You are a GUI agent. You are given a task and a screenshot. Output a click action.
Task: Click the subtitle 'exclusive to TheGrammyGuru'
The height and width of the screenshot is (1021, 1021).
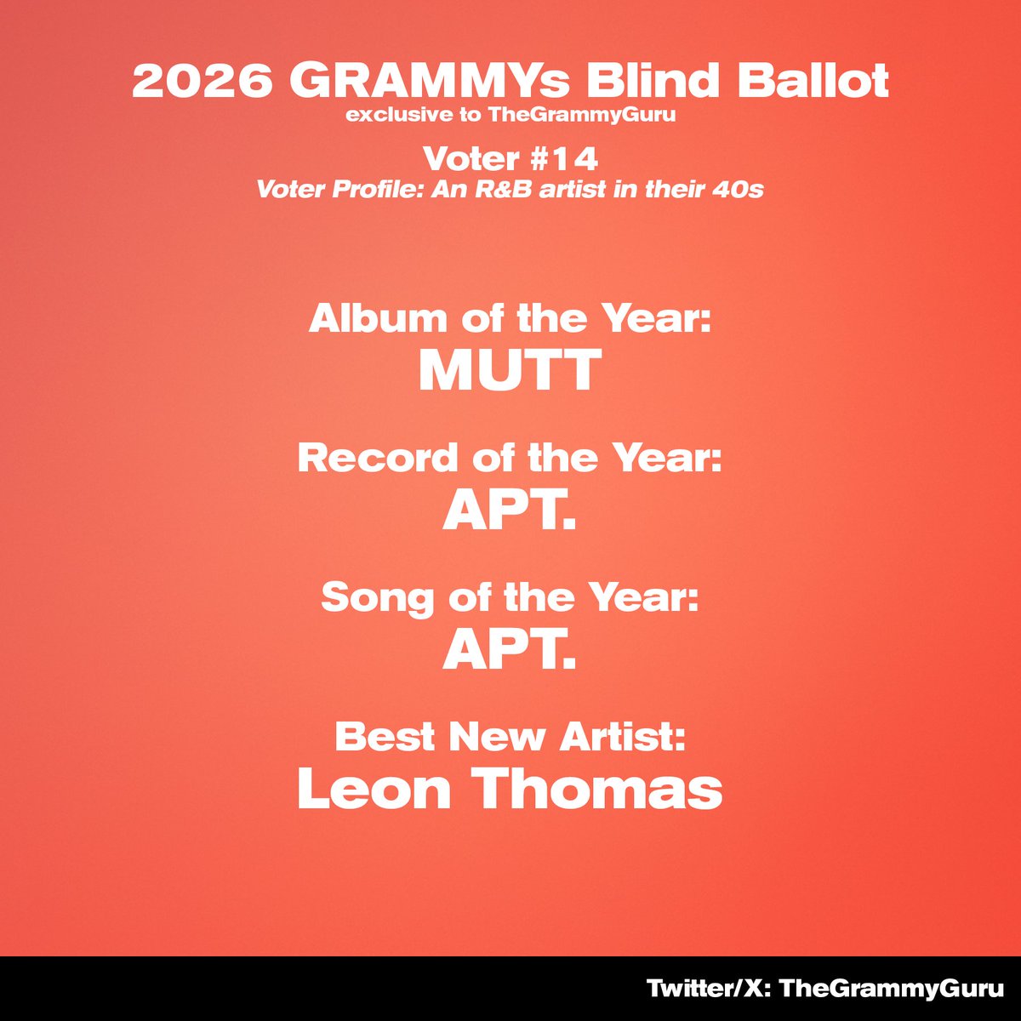(510, 115)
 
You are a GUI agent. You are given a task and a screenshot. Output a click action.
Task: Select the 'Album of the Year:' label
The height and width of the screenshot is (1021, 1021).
(510, 319)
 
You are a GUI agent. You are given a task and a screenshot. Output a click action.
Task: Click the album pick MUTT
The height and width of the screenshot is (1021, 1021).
(510, 371)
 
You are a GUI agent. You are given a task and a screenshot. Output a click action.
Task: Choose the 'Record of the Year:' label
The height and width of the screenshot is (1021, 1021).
(510, 459)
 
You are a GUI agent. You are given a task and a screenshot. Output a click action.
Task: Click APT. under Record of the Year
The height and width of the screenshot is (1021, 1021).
(510, 510)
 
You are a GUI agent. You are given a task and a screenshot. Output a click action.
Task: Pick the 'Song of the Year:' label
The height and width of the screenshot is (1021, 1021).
(510, 598)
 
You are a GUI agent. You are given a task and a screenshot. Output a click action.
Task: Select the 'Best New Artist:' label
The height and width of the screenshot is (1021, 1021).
(510, 737)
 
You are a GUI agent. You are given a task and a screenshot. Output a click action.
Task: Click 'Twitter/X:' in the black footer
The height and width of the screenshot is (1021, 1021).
(709, 990)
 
